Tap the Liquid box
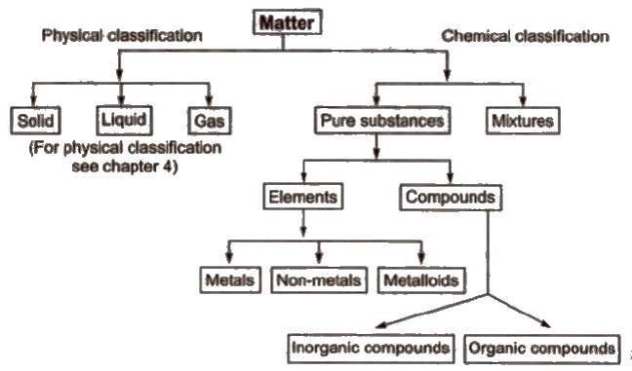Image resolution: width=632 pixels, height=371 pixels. pyautogui.click(x=122, y=123)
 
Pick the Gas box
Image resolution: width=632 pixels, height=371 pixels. pyautogui.click(x=208, y=123)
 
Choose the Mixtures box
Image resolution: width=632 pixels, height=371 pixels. pyautogui.click(x=522, y=123)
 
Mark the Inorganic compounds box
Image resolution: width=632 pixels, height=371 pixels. pyautogui.click(x=372, y=347)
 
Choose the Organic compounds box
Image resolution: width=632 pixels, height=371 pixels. pyautogui.click(x=542, y=347)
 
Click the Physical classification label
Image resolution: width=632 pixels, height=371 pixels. pyautogui.click(x=121, y=36)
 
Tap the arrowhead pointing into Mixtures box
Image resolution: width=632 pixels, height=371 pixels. pyautogui.click(x=523, y=104)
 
